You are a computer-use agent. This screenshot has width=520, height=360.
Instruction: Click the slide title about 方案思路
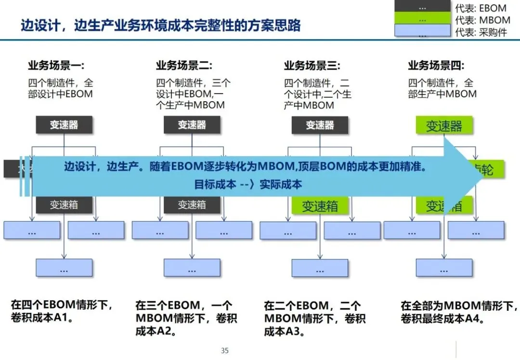[160, 25]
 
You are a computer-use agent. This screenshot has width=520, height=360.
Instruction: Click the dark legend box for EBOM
[422, 7]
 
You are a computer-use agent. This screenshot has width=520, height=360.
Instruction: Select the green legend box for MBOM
[422, 20]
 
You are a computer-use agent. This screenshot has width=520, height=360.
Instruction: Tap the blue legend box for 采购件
[422, 32]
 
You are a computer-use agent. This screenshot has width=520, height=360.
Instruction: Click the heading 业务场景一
[56, 66]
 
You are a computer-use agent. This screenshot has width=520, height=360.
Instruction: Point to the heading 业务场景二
[184, 66]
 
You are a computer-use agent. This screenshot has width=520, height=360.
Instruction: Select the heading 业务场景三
[312, 66]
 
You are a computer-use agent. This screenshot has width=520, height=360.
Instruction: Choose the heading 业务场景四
[436, 66]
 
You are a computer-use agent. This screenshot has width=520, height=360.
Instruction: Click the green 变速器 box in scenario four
[444, 126]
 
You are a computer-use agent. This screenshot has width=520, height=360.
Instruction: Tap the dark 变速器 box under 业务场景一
[64, 125]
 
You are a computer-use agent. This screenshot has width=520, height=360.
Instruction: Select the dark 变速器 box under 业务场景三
[320, 125]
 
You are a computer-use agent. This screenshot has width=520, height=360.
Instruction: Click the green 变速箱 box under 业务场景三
[320, 206]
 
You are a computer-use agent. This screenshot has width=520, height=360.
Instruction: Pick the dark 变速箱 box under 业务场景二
[192, 205]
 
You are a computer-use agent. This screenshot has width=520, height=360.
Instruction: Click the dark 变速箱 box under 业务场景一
[64, 205]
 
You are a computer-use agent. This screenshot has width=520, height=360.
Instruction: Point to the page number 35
[225, 350]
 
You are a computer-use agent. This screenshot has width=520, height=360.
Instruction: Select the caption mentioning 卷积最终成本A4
[459, 312]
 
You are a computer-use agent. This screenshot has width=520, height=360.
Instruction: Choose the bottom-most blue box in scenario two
[192, 267]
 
